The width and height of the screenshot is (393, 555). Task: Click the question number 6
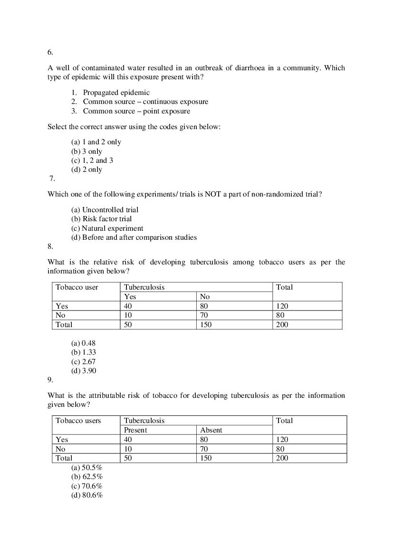point(50,53)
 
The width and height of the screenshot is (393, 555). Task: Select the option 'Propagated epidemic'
point(116,93)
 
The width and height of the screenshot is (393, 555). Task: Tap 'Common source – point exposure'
point(136,111)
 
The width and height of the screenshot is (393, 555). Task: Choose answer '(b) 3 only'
point(86,151)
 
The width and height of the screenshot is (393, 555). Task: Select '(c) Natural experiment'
point(107,228)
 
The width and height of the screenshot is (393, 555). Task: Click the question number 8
point(50,246)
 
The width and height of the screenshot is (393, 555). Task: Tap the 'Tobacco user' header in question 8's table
point(77,287)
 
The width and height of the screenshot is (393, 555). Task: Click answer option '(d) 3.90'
point(84,371)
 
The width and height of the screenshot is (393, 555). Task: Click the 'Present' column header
point(135,430)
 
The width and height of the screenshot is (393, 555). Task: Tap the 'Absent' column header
point(211,430)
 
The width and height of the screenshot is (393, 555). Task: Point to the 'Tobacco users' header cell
point(78,421)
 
